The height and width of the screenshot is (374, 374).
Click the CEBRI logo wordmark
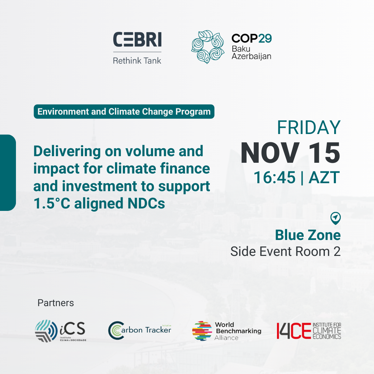pos(137,39)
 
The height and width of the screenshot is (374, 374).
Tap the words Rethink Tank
pos(137,61)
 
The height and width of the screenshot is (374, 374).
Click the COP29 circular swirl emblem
pos(208,47)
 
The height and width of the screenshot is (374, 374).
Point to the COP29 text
pos(252,38)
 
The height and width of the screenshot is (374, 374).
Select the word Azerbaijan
pos(251,56)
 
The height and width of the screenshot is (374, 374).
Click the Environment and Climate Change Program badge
pos(124,112)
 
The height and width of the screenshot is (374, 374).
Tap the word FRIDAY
pos(309,127)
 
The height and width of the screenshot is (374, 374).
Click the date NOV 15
pos(291,153)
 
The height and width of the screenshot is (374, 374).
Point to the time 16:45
pos(274,177)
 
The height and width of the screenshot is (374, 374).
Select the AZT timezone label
pos(324,177)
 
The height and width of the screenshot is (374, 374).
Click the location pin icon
pos(335,218)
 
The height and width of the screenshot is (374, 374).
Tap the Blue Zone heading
pos(308,235)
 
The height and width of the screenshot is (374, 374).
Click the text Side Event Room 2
pos(285,252)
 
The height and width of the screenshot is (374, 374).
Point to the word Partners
pos(55,303)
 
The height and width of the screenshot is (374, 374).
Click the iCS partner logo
pos(61,331)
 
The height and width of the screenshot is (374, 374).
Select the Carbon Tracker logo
pos(140,330)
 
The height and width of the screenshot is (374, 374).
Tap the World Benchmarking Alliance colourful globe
pos(202,331)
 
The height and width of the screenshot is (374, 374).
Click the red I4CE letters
pos(294,331)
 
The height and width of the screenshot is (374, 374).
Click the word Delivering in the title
pos(67,152)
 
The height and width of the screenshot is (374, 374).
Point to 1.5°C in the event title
pos(52,204)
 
